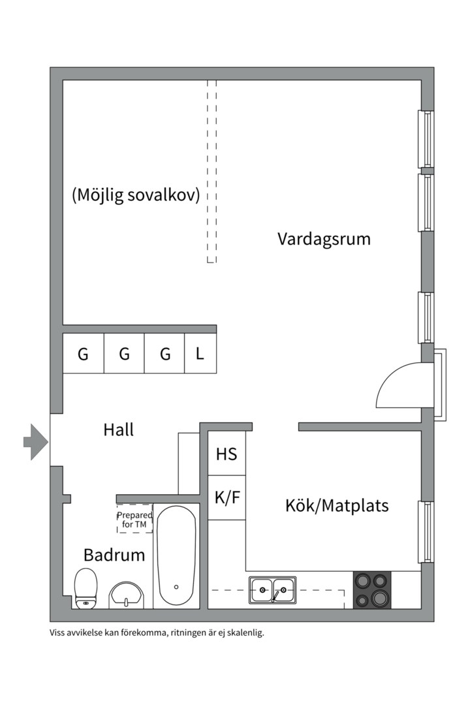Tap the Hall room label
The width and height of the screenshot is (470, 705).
click(x=118, y=430)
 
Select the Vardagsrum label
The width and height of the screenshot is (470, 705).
click(x=324, y=238)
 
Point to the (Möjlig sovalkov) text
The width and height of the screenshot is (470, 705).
click(x=136, y=195)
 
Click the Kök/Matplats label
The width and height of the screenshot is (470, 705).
click(x=337, y=505)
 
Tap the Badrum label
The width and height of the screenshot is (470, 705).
click(x=114, y=555)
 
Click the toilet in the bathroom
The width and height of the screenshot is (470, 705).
click(x=86, y=588)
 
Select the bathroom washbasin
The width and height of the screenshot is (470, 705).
click(x=127, y=594)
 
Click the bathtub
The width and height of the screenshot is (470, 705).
click(x=176, y=556)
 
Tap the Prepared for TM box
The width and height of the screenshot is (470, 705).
click(x=134, y=519)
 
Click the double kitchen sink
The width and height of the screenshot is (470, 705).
click(x=272, y=590)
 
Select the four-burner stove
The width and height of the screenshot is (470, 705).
click(x=372, y=590)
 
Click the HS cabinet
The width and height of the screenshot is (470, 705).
click(x=227, y=454)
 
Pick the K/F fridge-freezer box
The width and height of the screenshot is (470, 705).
click(x=227, y=497)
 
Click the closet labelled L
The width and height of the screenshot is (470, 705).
click(x=200, y=354)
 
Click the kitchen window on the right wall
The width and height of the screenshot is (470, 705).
click(x=426, y=532)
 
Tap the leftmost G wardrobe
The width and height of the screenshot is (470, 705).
click(x=83, y=354)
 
